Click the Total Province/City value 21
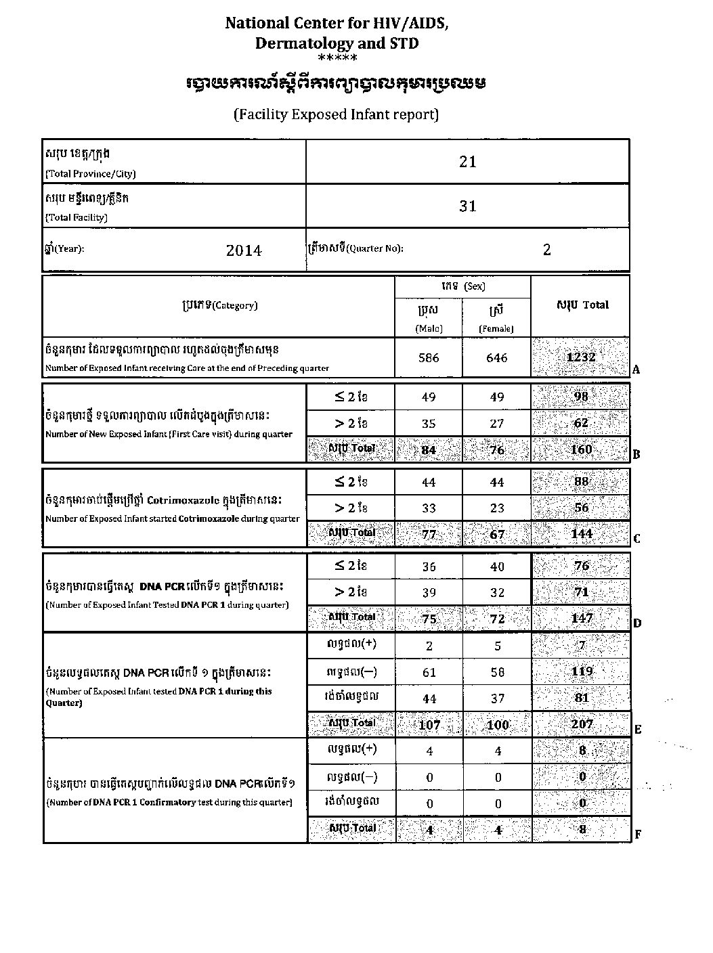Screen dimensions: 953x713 (468, 162)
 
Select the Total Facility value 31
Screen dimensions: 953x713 (468, 206)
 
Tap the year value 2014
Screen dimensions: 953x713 (244, 250)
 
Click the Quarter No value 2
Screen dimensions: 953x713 (547, 250)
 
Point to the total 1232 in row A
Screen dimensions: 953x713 (581, 357)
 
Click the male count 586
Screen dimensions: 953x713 (429, 357)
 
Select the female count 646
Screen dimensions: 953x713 (496, 357)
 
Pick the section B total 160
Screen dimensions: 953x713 (581, 449)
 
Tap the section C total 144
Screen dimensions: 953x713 (581, 533)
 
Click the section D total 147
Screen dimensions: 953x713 (581, 617)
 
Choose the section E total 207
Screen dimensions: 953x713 (581, 724)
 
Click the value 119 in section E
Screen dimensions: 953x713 (581, 671)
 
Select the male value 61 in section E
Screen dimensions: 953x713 (429, 672)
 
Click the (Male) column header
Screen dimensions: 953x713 (429, 328)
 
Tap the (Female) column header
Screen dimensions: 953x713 (496, 328)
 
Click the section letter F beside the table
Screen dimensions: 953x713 (637, 835)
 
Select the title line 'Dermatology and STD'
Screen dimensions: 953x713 (337, 43)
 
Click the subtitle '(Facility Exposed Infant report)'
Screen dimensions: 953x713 (337, 114)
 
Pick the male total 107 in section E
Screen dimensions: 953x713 (429, 725)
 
